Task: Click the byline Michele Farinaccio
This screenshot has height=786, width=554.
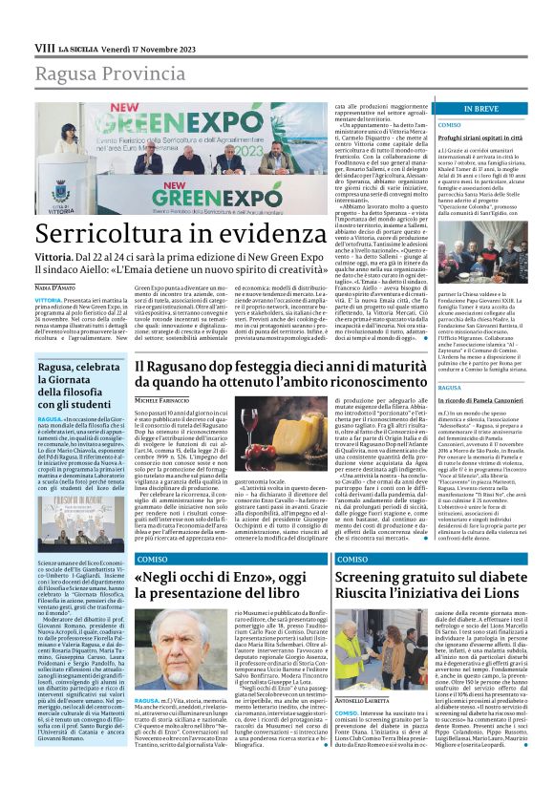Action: pos(162,399)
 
